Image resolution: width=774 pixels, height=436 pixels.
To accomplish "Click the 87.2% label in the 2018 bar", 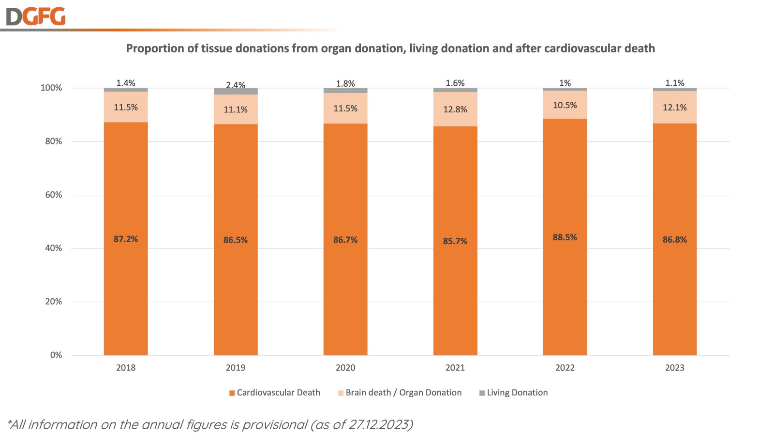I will (126, 239).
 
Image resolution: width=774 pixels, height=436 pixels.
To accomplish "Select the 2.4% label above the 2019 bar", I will (236, 85).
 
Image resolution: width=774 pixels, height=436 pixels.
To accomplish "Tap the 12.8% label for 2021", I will (455, 109).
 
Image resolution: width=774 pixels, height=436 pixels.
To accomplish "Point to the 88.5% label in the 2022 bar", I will (565, 237).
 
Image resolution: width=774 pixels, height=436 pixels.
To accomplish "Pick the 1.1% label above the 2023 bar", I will (674, 83).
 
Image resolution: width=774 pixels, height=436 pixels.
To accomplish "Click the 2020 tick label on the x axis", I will (345, 368).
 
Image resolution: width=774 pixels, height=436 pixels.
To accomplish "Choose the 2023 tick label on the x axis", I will (674, 368).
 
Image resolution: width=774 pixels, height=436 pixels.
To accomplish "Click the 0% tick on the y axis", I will (56, 355).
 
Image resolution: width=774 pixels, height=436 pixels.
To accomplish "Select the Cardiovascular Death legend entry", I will (274, 393).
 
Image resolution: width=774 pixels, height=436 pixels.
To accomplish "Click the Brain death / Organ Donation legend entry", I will (400, 393).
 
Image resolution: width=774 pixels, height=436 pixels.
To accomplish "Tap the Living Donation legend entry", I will (513, 393).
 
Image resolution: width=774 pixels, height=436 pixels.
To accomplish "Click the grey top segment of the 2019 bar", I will (236, 92).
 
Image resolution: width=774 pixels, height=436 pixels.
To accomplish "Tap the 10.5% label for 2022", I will (565, 105).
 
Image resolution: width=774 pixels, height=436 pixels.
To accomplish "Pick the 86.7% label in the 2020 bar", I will (345, 240).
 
